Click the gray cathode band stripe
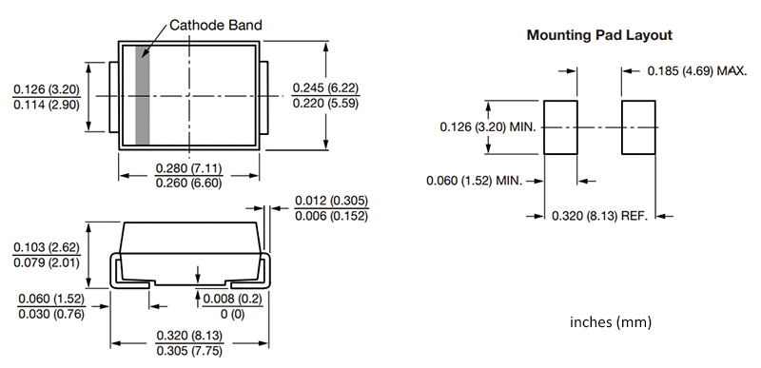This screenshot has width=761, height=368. point(143,95)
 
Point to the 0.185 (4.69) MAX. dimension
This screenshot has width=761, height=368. point(696,70)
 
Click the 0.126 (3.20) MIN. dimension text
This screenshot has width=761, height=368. point(489,126)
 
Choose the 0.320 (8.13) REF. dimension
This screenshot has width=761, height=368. point(599,216)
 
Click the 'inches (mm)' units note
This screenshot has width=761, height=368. point(611,321)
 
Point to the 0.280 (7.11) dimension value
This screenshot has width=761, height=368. point(188,169)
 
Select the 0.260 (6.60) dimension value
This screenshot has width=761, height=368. point(188,184)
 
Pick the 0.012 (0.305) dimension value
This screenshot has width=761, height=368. point(330,201)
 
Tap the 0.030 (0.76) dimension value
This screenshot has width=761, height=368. point(51,314)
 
